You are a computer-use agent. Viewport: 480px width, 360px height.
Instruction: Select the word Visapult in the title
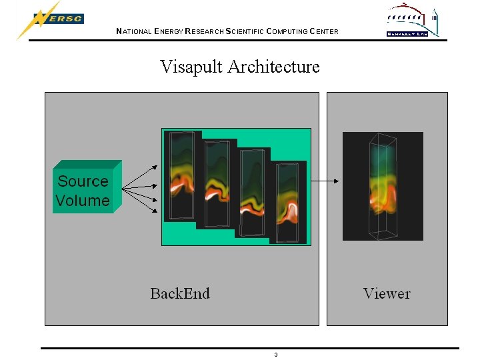point(191,67)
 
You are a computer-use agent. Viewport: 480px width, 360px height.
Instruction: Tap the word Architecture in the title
point(273,67)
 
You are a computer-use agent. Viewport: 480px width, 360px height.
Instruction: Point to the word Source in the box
point(83,181)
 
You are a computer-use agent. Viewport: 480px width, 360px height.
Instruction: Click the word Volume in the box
point(83,200)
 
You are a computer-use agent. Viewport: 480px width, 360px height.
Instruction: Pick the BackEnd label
point(180,293)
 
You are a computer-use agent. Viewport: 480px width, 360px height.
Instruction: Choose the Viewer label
point(387,293)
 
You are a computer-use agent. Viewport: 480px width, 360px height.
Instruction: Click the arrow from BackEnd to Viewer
point(327,181)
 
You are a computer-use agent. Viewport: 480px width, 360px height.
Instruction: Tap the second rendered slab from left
point(217,183)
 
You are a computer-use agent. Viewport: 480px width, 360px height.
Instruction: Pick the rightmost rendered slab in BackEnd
point(289,201)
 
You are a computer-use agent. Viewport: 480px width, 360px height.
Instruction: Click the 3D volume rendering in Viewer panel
point(383,186)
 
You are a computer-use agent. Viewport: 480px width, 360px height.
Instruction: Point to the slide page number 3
point(275,354)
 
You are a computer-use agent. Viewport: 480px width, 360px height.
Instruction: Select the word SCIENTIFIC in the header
point(244,31)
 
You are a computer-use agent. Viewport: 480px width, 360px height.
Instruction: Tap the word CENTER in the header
point(323,31)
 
